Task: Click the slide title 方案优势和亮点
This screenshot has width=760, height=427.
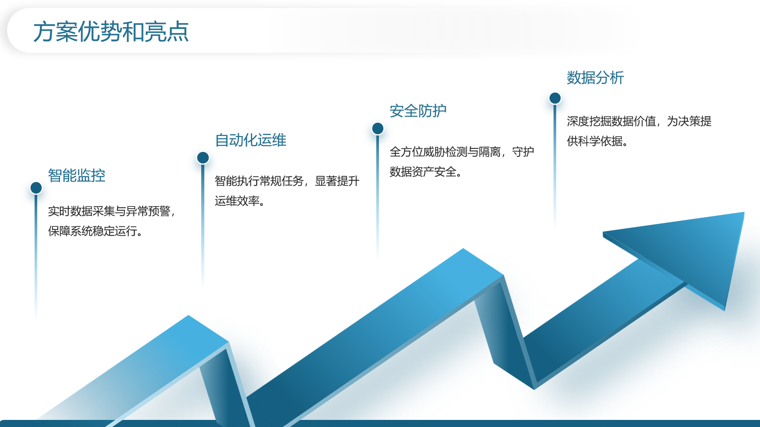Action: tap(111, 31)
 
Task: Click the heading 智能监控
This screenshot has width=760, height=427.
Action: tap(77, 175)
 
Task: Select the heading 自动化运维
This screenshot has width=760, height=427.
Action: tap(250, 140)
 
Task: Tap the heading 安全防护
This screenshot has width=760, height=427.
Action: tap(418, 111)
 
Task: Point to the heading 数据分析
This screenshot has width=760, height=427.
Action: tap(595, 78)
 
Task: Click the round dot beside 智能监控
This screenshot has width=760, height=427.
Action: tap(36, 188)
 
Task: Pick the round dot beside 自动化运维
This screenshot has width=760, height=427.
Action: tap(203, 158)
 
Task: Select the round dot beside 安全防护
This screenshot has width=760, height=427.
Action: tap(378, 128)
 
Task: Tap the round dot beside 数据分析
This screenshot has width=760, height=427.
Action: tap(555, 98)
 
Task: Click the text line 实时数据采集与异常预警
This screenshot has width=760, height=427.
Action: tap(109, 211)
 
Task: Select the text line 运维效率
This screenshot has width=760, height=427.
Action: tap(237, 201)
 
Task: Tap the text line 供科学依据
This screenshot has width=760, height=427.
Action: tap(594, 141)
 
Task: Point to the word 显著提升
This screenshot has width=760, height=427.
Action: tap(337, 181)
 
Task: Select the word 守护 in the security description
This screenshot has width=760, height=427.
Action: tap(523, 151)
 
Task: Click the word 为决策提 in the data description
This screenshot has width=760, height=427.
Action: tap(689, 121)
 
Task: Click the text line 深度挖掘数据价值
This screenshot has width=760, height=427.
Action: tap(611, 121)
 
